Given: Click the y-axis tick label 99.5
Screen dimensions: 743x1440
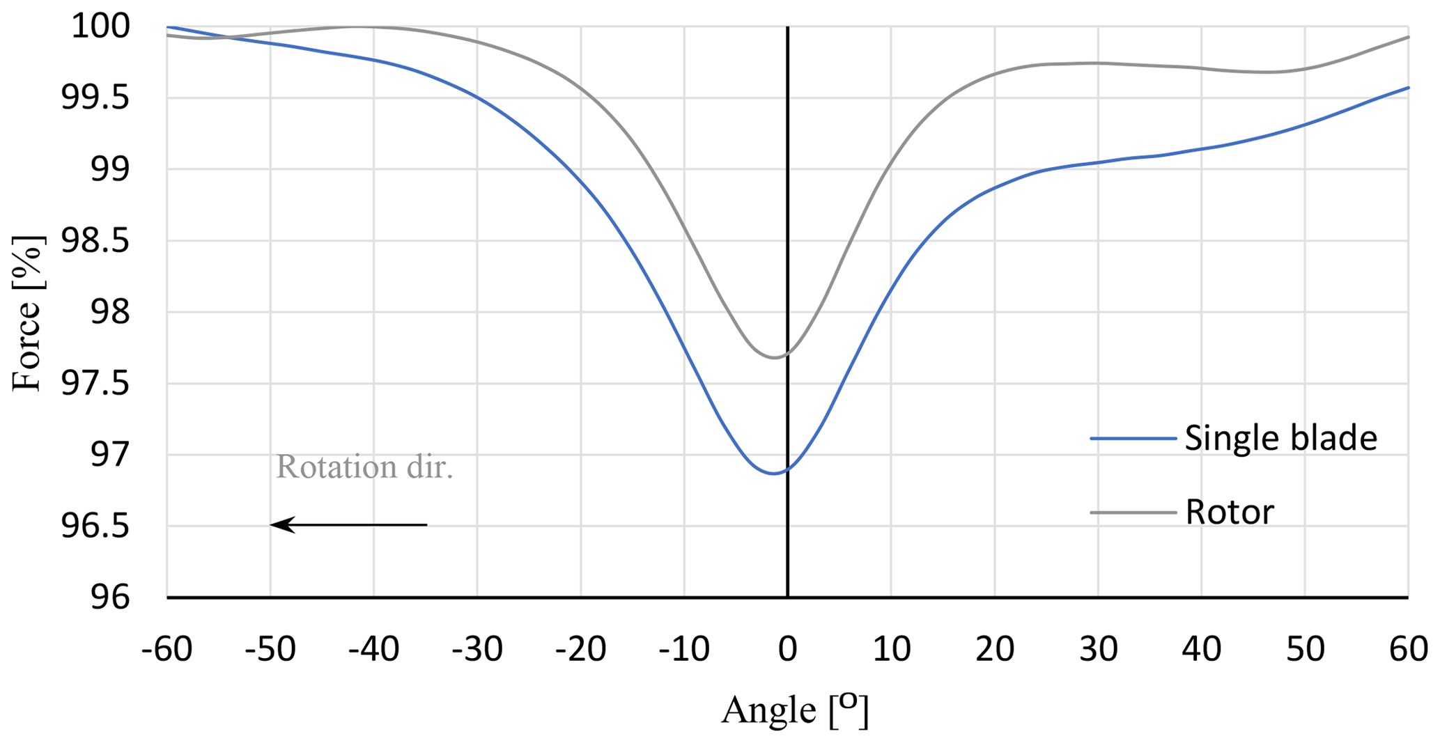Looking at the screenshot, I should tap(95, 98).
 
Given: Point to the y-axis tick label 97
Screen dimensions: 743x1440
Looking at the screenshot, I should tap(110, 455).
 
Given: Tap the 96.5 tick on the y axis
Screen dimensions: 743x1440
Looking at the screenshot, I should tap(95, 526).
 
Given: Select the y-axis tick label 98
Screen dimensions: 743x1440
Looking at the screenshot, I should tap(110, 312).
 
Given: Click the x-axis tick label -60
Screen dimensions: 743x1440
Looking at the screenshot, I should tap(167, 649).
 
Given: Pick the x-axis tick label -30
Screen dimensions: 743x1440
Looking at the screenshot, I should tap(477, 649).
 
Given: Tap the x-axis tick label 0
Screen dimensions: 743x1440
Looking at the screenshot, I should tap(788, 649).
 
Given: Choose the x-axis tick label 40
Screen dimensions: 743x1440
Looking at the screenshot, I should tap(1202, 649).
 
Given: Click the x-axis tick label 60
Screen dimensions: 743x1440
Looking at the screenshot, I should tap(1408, 649).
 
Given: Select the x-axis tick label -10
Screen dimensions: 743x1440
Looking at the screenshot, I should tap(684, 649).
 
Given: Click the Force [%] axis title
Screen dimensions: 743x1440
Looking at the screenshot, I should tap(28, 313).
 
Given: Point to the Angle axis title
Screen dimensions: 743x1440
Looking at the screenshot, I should tap(794, 710).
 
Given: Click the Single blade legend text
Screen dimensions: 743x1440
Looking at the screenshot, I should tap(1280, 439).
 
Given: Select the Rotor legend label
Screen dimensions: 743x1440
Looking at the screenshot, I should tap(1230, 513).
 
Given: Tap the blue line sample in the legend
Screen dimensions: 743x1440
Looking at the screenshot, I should tap(1133, 439).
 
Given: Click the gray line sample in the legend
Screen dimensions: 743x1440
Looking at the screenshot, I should tap(1133, 513).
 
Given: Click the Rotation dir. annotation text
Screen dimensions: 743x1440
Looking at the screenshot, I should tap(364, 467).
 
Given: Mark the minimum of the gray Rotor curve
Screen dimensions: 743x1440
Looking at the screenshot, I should tap(774, 357).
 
